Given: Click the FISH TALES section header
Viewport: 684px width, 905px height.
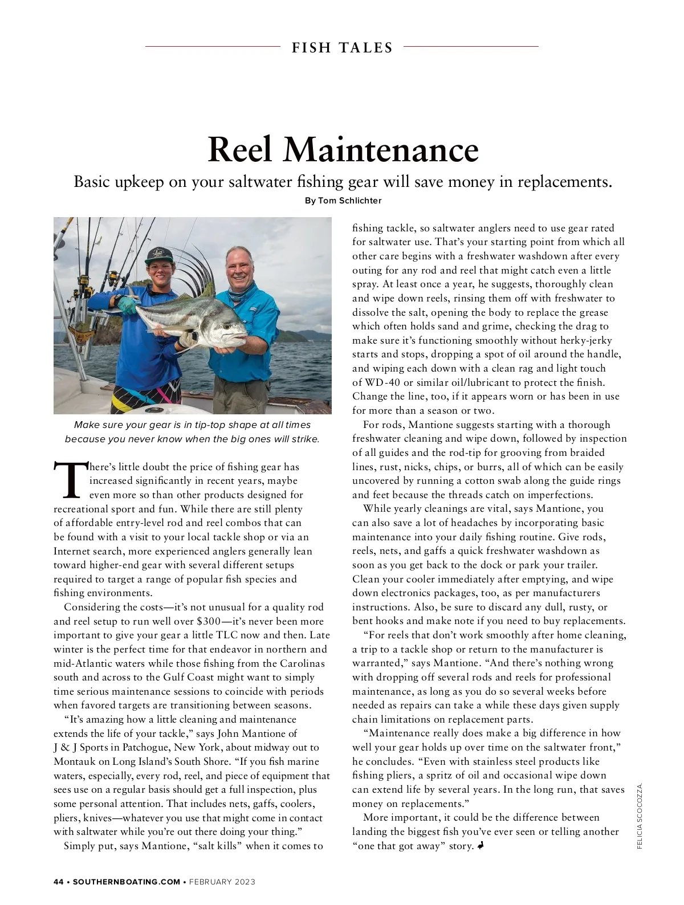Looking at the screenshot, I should click(x=342, y=48).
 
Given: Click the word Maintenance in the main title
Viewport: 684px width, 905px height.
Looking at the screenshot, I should click(x=381, y=149).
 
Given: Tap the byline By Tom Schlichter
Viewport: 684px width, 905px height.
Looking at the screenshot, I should click(x=343, y=201).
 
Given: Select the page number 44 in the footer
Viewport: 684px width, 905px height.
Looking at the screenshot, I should click(x=58, y=882).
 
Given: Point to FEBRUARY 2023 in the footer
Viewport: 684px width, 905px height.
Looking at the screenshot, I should click(x=222, y=882).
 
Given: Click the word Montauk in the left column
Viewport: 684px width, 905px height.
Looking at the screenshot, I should click(x=72, y=761).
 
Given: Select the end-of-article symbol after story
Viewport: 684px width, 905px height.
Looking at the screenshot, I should click(x=481, y=846).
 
